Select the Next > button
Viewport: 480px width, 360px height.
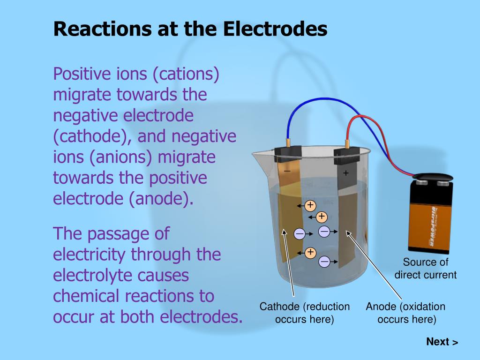point(442,342)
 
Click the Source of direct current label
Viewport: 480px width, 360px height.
point(425,269)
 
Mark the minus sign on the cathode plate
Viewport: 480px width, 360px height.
point(287,172)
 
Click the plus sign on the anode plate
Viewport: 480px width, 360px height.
point(346,173)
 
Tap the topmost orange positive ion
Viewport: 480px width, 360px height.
point(310,205)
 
